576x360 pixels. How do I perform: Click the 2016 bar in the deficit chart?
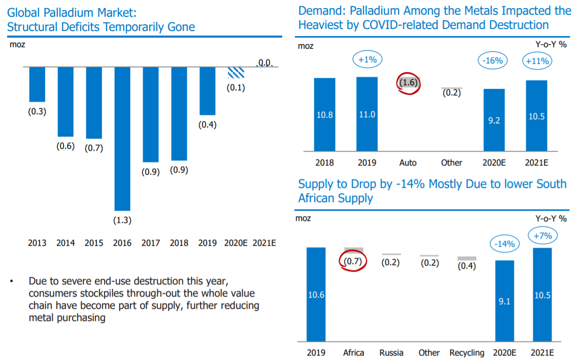(x=122, y=138)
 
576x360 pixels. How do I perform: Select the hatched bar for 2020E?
(x=235, y=72)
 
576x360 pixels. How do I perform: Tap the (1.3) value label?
(x=123, y=220)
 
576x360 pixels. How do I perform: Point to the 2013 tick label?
(x=37, y=243)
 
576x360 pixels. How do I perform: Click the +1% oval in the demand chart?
(x=367, y=60)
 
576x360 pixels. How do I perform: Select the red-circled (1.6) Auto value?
(x=409, y=83)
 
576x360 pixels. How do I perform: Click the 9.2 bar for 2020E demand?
(x=494, y=120)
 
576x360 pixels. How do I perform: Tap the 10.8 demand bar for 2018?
(x=324, y=114)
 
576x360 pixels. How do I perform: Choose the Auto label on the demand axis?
(x=408, y=162)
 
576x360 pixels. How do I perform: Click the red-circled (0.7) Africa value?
(x=352, y=262)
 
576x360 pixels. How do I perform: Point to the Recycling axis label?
(x=466, y=352)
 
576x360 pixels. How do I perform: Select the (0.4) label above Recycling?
(x=466, y=266)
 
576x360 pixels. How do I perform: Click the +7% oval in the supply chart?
(x=542, y=236)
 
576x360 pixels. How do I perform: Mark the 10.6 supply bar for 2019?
(x=316, y=294)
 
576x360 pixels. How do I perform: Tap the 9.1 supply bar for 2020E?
(x=504, y=301)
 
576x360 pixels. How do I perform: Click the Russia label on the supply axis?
(x=391, y=352)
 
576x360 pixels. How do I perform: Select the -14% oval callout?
(x=504, y=244)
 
